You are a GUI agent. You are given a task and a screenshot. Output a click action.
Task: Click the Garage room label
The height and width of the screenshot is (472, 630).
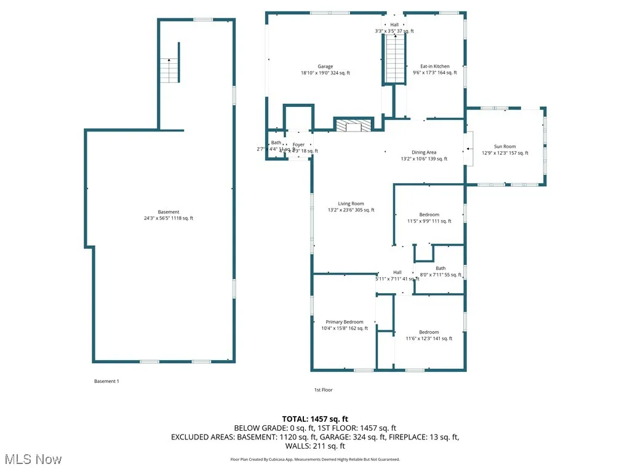point(325,66)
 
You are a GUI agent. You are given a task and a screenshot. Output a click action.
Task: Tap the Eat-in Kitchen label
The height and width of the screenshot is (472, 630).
point(434,66)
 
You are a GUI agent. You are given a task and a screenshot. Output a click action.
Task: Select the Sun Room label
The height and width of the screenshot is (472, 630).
point(504,147)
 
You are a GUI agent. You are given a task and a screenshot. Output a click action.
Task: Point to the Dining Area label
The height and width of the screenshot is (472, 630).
point(424,152)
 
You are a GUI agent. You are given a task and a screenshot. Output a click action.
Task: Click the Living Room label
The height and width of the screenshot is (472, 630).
point(351,204)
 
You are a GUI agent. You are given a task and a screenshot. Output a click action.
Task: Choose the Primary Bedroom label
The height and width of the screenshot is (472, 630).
point(344,322)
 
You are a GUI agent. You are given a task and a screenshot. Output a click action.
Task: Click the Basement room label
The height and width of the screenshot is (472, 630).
point(168,212)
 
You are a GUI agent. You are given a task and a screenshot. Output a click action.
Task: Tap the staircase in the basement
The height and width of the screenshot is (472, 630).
point(169,71)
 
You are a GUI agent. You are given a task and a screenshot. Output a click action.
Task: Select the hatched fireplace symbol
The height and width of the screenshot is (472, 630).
point(354,126)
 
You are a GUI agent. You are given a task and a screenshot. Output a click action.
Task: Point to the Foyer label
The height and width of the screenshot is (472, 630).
point(298,145)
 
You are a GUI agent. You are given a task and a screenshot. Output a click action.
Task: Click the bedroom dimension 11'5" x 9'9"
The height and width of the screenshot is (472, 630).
point(429,221)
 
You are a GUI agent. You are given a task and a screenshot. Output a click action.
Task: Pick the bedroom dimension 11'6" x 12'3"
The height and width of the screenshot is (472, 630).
point(429,339)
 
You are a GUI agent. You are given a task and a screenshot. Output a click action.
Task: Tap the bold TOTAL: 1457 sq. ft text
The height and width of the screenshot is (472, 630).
point(314,418)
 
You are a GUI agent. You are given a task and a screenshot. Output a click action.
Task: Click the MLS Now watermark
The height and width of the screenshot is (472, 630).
point(32,459)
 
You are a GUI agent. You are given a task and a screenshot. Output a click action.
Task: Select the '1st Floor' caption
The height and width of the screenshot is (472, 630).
point(323,390)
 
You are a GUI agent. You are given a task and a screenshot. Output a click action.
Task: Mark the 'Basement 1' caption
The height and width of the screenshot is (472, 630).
point(106,381)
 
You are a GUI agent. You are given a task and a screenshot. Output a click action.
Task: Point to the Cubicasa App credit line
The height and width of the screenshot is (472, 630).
point(314,460)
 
